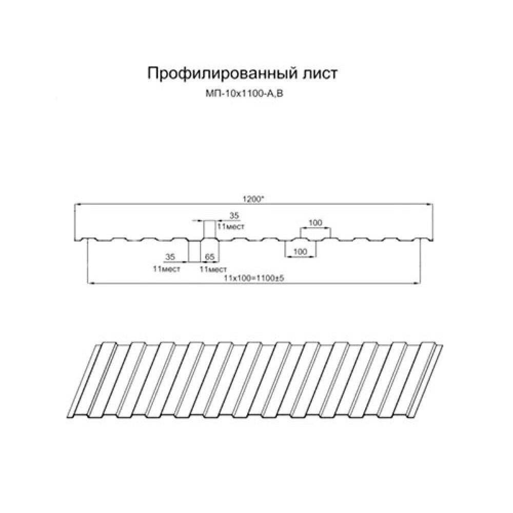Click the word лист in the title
(x=319, y=73)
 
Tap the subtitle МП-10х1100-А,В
(x=244, y=94)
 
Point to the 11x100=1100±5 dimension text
(x=254, y=279)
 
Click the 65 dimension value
(x=209, y=257)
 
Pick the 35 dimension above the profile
(x=234, y=215)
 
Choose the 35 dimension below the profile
(x=170, y=257)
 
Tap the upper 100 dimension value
(x=315, y=223)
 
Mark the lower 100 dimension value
(x=300, y=251)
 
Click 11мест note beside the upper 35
(x=231, y=226)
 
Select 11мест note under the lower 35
(x=167, y=270)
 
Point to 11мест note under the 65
(x=213, y=270)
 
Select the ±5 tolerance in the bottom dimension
(x=281, y=279)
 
